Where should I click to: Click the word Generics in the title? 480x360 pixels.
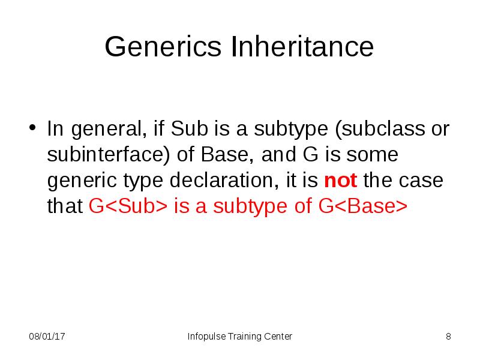coord(164,47)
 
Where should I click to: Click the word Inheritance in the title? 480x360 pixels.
coord(302,47)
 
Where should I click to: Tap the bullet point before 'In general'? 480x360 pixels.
coord(34,129)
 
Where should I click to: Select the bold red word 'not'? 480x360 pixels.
coord(340,181)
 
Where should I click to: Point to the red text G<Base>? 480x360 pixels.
coord(363,206)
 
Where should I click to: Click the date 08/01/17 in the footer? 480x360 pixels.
coord(47,336)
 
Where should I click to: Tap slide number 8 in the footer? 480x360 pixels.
coord(448,336)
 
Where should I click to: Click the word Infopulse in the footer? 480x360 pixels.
coord(206,336)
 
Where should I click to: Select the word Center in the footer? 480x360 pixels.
coord(278,336)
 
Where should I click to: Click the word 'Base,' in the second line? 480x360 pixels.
coord(222,155)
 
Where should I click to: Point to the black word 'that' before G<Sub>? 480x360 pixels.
coord(65,206)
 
